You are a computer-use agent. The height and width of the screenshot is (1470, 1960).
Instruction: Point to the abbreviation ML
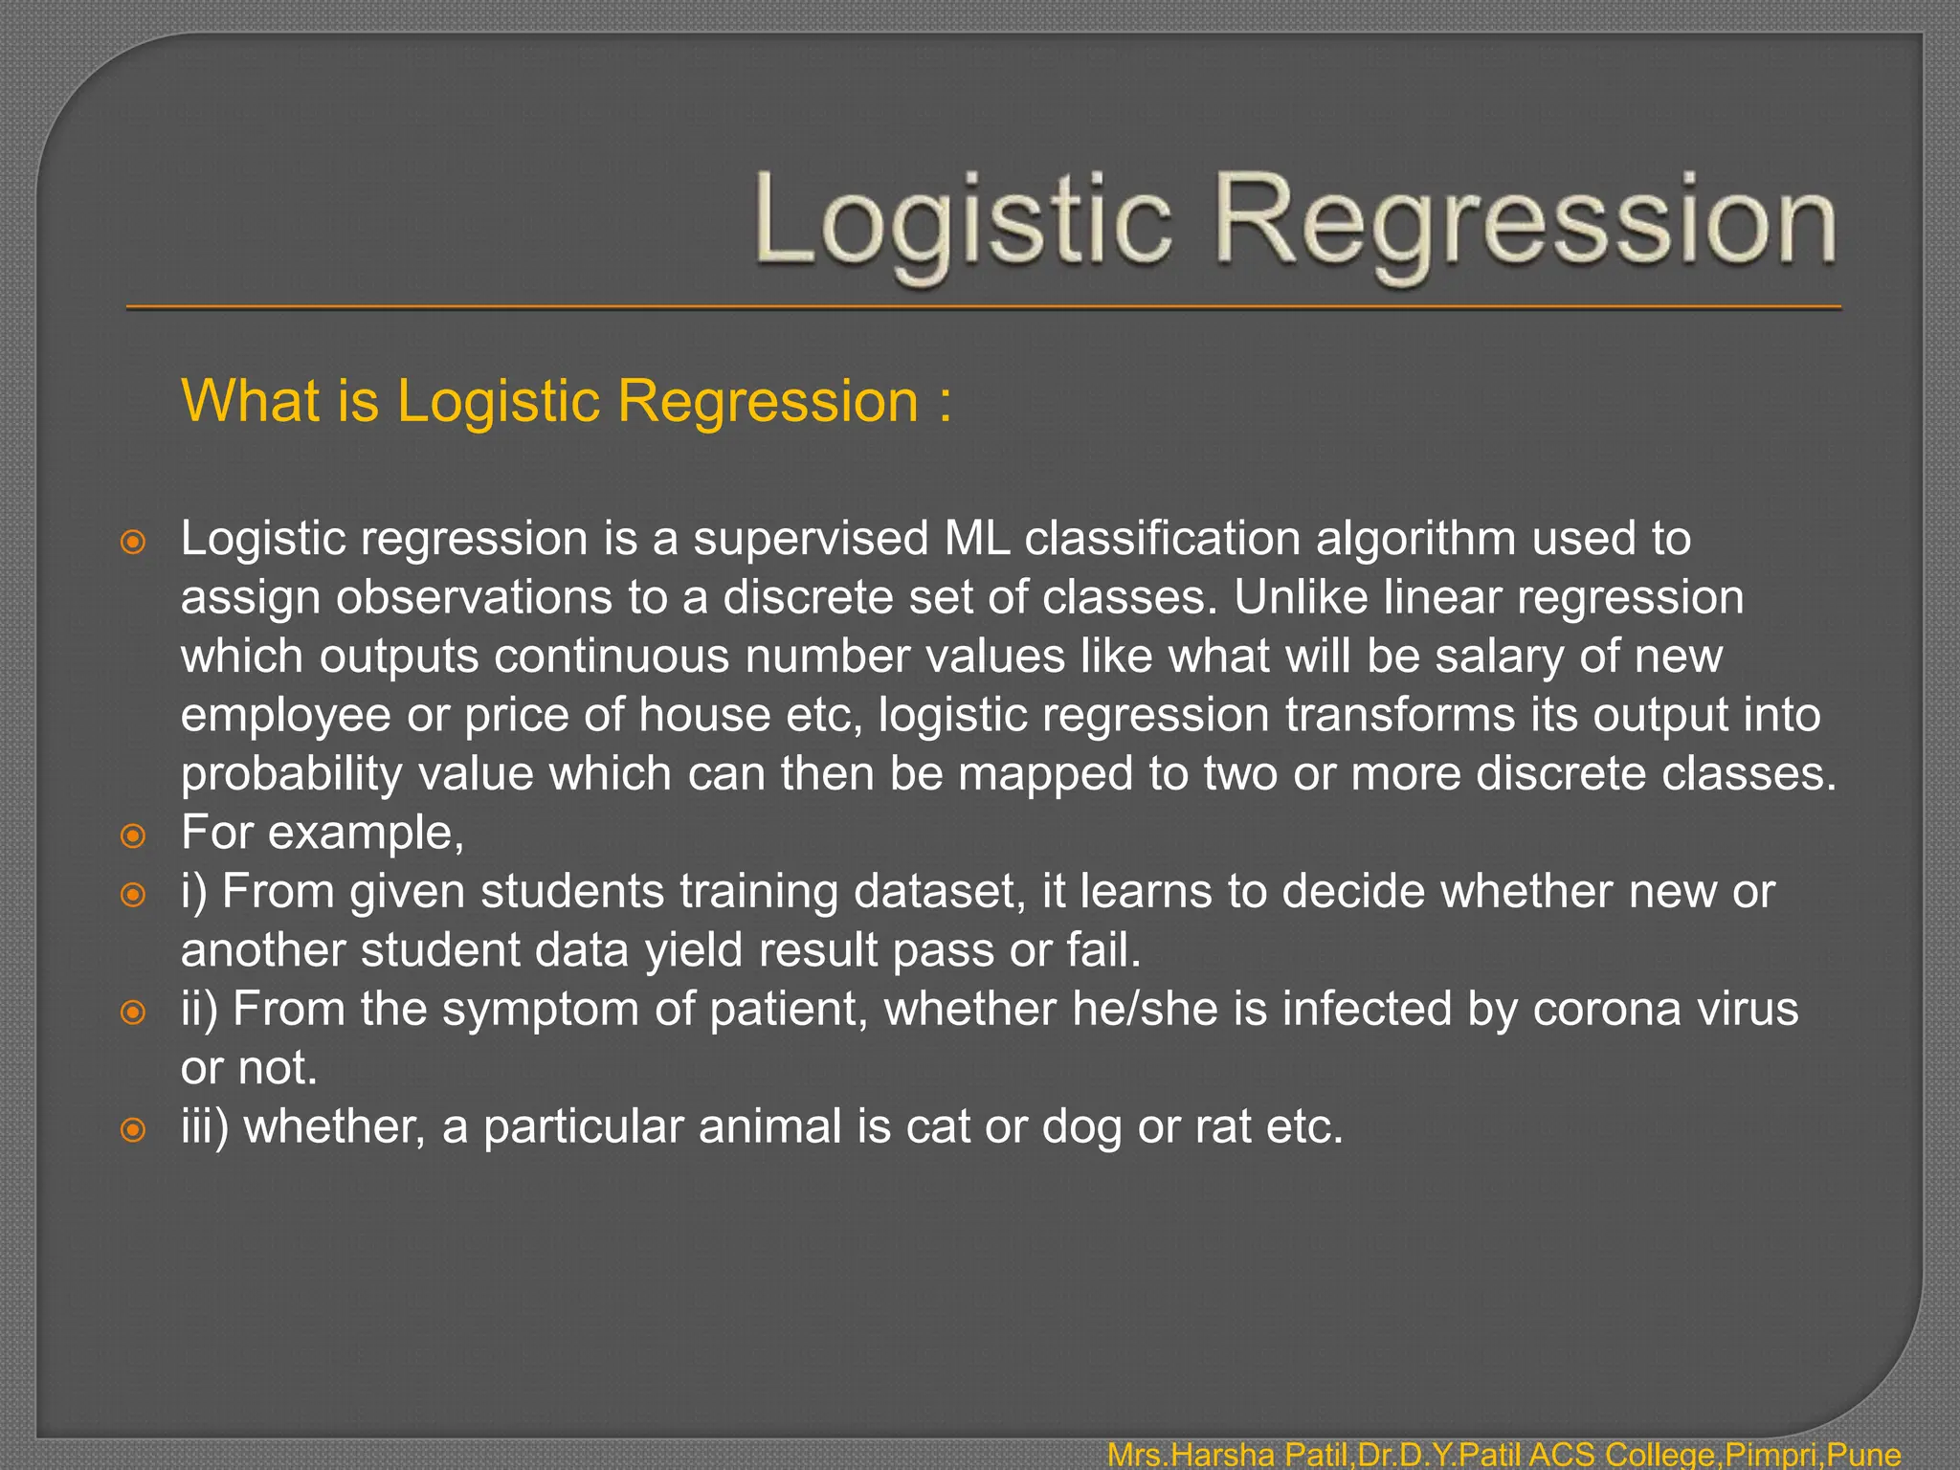tap(977, 538)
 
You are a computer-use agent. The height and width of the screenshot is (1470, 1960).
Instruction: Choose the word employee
tap(285, 716)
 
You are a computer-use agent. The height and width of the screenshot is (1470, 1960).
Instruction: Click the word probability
tap(292, 774)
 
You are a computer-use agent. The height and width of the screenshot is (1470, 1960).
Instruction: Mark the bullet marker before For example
tap(133, 835)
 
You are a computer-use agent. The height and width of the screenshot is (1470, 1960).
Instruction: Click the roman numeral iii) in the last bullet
tap(205, 1126)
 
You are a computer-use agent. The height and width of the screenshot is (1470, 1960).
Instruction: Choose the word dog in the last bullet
tap(1081, 1127)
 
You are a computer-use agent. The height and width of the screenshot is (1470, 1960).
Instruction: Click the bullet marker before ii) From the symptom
tap(133, 1012)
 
